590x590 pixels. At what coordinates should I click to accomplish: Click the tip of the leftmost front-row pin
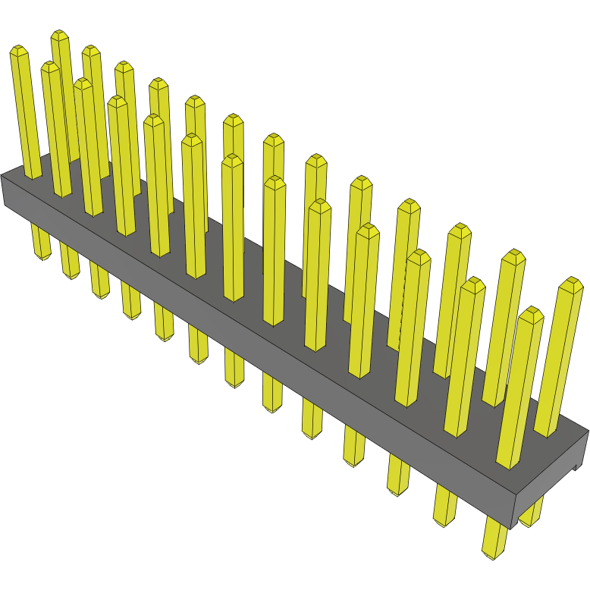point(17,51)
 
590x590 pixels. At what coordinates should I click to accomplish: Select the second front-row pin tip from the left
point(50,67)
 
